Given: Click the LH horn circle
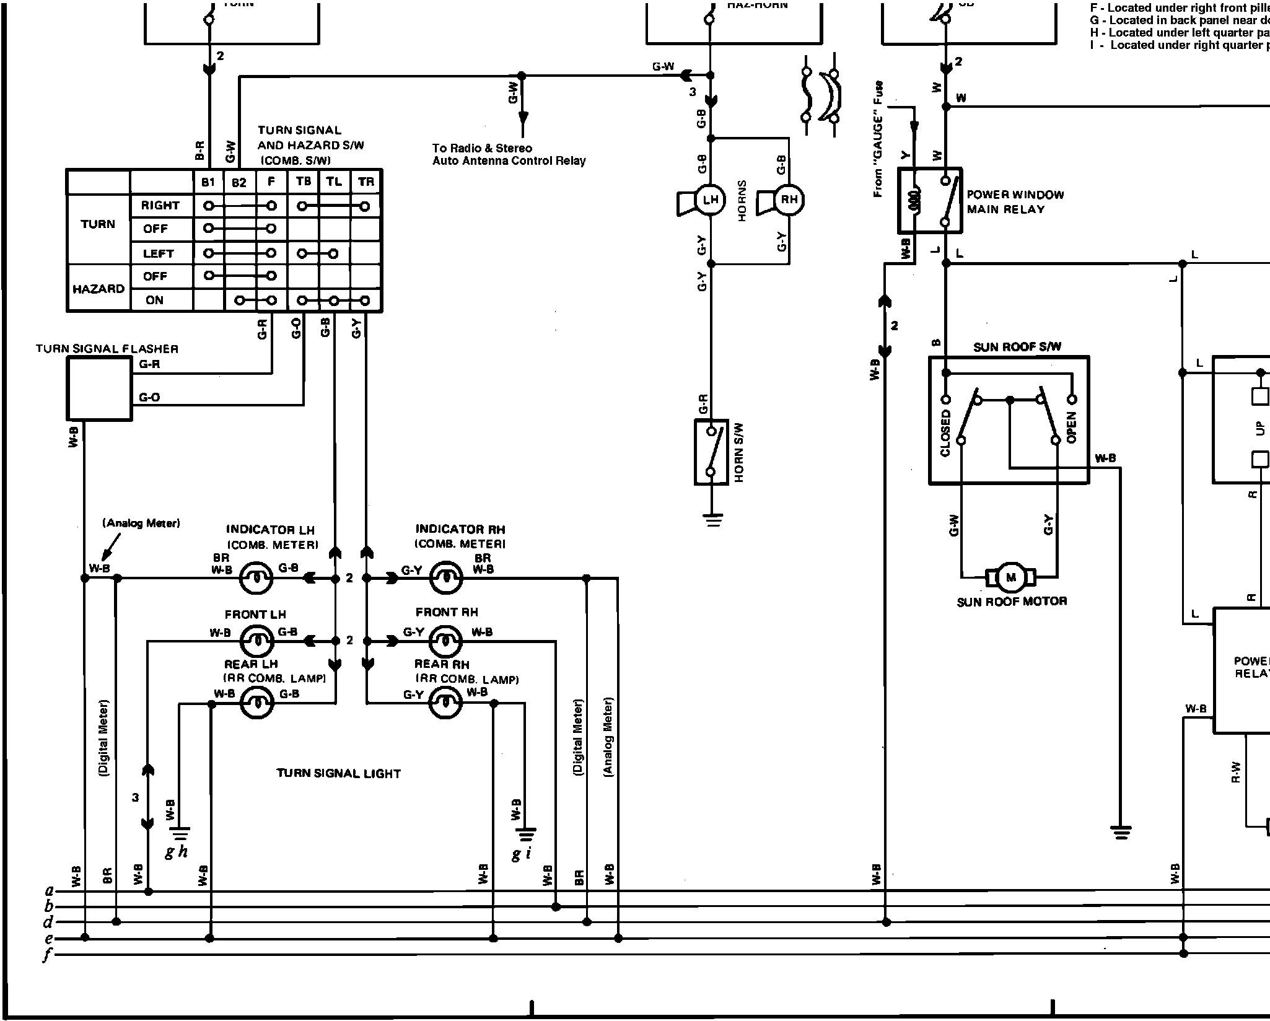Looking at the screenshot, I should (710, 200).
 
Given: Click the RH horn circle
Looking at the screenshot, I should (789, 199).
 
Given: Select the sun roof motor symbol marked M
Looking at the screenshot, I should (1011, 577).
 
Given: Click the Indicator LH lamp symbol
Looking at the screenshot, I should (255, 579).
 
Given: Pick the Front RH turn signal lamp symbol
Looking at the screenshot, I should (445, 641).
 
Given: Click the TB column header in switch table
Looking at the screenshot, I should (304, 182).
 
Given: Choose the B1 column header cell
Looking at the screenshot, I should (208, 182).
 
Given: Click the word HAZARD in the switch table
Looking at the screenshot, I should (99, 289).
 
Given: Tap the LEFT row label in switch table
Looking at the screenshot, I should (158, 253).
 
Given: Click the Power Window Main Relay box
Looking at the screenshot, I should (930, 200).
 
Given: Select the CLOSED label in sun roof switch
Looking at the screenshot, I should (945, 433).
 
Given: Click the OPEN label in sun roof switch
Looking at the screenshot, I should (1072, 427).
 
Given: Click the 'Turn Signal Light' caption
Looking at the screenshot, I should (338, 773).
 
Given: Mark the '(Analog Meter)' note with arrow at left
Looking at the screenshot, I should (141, 524).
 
